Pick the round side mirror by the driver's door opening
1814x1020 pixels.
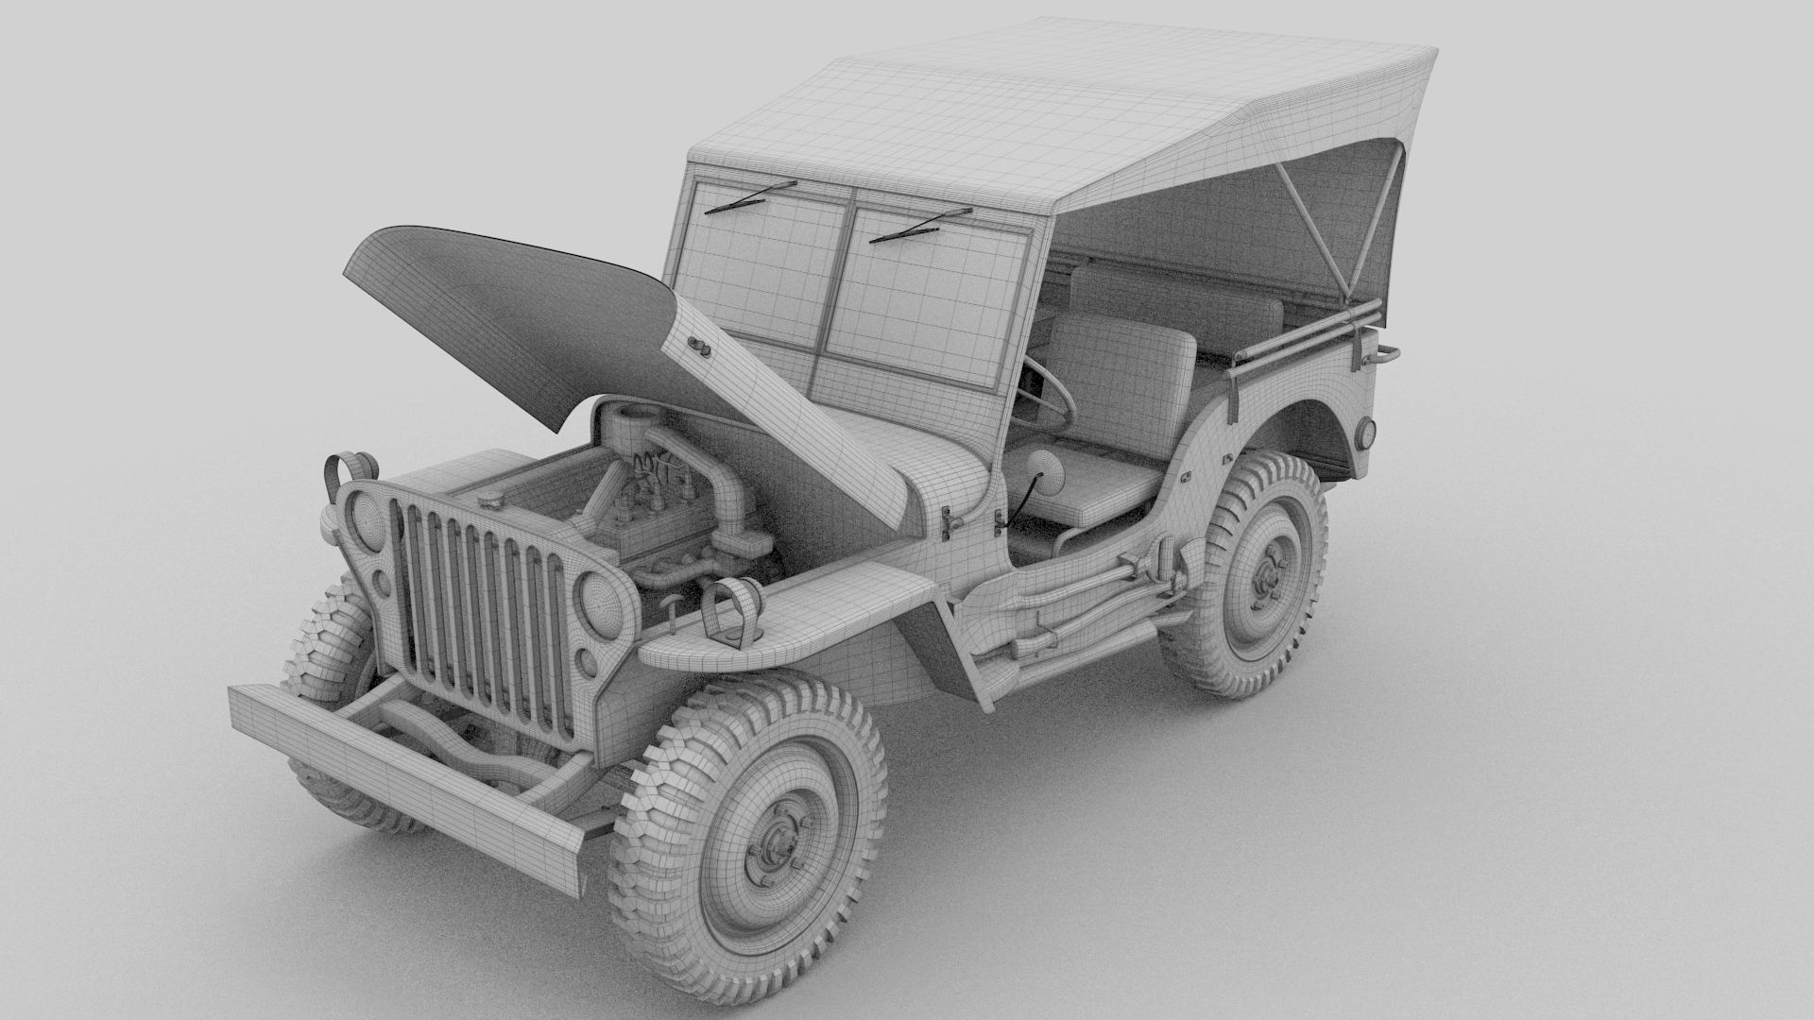pyautogui.click(x=1039, y=467)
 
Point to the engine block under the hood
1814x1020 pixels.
pyautogui.click(x=652, y=529)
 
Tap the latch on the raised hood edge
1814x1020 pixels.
pyautogui.click(x=700, y=346)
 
